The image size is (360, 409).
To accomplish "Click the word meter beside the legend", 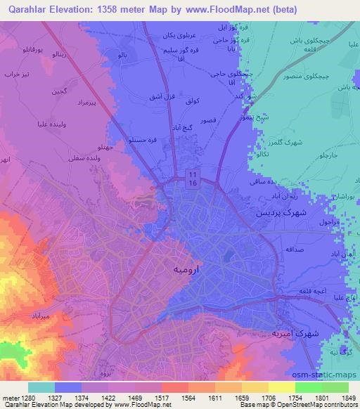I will pos(9,397).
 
